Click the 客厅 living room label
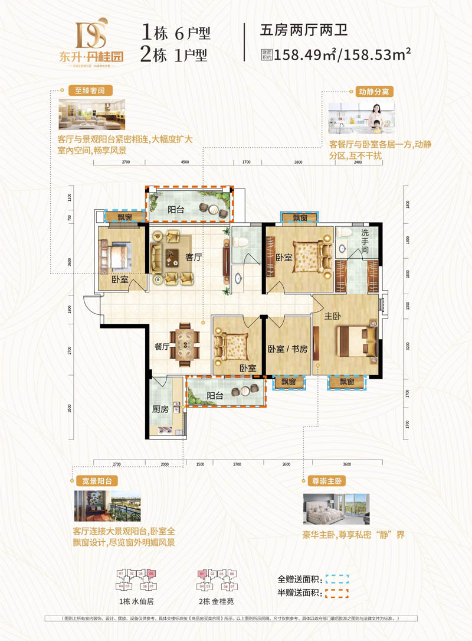(194, 258)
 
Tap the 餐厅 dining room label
(162, 347)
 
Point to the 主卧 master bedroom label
(332, 315)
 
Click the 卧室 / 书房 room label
(287, 349)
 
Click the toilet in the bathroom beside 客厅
(240, 241)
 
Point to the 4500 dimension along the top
(184, 161)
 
